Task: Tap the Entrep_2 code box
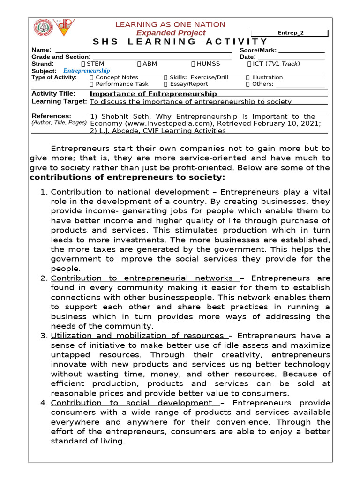290,33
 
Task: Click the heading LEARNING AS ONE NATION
170,24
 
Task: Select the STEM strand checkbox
83,64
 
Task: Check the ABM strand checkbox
139,64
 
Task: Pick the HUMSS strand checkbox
194,64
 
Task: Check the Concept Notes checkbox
92,77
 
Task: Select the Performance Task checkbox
92,84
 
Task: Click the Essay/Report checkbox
166,84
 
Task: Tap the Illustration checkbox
248,77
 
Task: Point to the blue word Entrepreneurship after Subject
87,71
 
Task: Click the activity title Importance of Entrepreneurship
153,94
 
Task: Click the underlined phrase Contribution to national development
129,192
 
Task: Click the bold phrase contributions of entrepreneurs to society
127,177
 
